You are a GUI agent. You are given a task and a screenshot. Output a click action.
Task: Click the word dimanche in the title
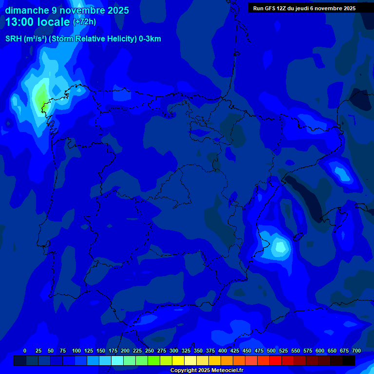point(27,10)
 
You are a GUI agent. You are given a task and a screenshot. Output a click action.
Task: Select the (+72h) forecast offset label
point(84,22)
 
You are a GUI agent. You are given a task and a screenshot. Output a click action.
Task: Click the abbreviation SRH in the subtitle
point(14,39)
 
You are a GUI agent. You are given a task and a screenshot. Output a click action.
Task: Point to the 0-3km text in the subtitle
point(150,39)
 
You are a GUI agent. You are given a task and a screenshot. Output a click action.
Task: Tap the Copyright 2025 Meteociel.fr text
point(206,370)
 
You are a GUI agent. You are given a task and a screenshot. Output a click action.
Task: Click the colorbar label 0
point(25,351)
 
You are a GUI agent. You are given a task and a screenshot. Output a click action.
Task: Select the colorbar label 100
point(76,351)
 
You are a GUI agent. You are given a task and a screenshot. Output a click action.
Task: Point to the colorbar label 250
point(150,351)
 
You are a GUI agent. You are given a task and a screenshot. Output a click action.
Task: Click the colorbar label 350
point(198,351)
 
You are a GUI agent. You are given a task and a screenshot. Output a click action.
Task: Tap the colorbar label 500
point(271,351)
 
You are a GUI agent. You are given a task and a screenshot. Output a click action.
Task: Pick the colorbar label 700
point(356,351)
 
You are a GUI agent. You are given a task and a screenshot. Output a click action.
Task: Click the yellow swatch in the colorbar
point(178,361)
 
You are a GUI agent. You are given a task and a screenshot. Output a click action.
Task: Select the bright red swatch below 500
point(276,361)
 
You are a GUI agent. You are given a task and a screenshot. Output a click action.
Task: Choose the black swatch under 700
point(349,361)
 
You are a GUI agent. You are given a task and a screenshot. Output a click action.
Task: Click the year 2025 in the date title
point(118,10)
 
